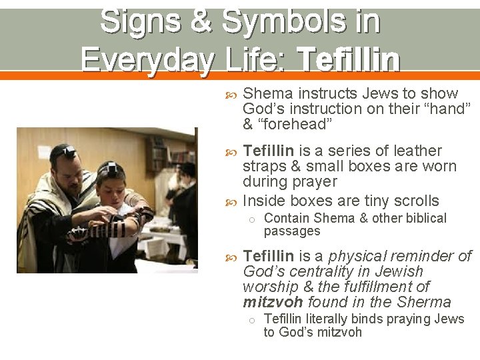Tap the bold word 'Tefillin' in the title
tap(349, 60)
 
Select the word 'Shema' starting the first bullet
tap(268, 93)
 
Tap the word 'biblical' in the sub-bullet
tap(422, 218)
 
